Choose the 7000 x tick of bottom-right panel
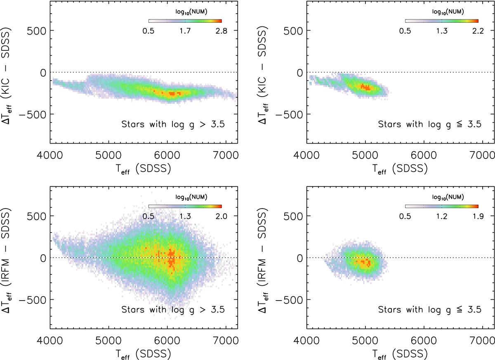(483, 341)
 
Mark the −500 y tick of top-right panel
(291, 114)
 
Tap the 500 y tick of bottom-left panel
(37, 216)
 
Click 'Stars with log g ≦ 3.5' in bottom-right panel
(430, 309)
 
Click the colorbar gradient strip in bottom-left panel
(185, 206)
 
